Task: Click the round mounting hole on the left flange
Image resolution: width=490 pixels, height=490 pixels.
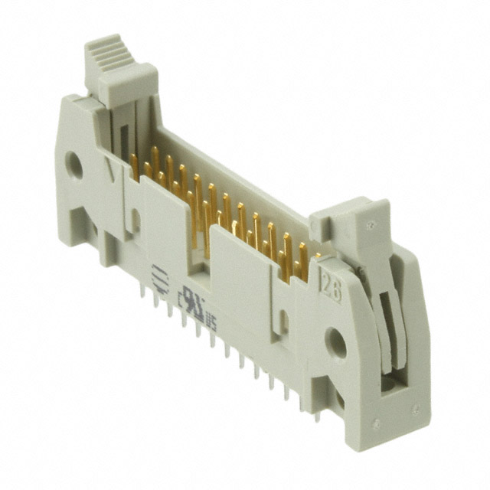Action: tap(74, 165)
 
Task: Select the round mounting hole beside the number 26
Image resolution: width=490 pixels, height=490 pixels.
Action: tap(335, 342)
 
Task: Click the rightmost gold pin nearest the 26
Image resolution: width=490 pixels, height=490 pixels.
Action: tap(303, 263)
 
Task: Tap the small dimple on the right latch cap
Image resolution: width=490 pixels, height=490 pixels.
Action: tap(372, 227)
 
